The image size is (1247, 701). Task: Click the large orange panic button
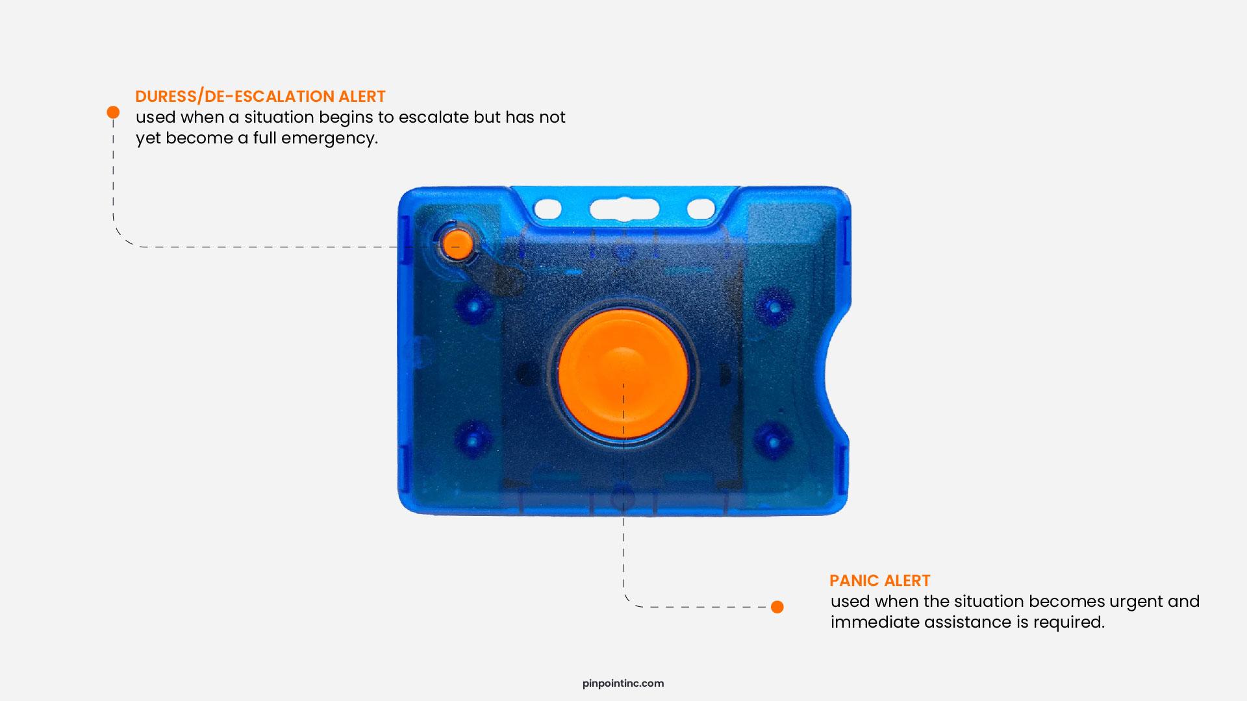point(623,373)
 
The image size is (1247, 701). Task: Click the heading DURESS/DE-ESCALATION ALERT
point(260,97)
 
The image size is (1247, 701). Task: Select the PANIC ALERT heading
point(880,581)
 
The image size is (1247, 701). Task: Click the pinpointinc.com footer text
point(623,683)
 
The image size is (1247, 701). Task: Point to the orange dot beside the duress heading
point(113,112)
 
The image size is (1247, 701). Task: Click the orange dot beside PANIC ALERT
point(777,607)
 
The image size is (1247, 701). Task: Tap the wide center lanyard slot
point(623,209)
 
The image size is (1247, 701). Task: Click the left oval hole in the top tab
point(547,209)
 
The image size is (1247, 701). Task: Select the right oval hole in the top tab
point(701,209)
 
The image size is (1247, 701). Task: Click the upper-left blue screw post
point(473,305)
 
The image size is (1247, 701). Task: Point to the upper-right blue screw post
point(773,305)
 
